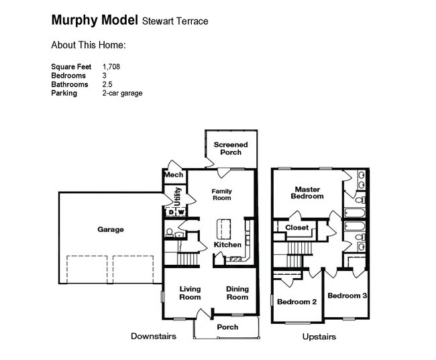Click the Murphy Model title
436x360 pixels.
click(95, 20)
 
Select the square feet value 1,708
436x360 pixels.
click(111, 67)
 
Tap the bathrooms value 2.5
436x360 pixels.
click(107, 84)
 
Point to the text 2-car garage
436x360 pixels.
click(122, 93)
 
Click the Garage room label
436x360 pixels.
click(111, 229)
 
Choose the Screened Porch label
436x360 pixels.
click(231, 148)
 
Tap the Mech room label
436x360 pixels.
click(173, 176)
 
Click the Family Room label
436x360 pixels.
click(221, 194)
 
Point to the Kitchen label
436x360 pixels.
click(227, 245)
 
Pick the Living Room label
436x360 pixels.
click(190, 293)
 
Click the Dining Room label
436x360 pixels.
click(237, 293)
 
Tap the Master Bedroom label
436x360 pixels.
click(307, 192)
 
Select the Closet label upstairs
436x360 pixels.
click(296, 228)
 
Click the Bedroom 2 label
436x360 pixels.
click(296, 302)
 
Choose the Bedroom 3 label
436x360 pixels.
click(346, 295)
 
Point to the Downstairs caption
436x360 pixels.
click(154, 336)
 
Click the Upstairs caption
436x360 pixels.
click(319, 337)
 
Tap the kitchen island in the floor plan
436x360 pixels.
click(222, 227)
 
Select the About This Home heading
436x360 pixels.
click(89, 46)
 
